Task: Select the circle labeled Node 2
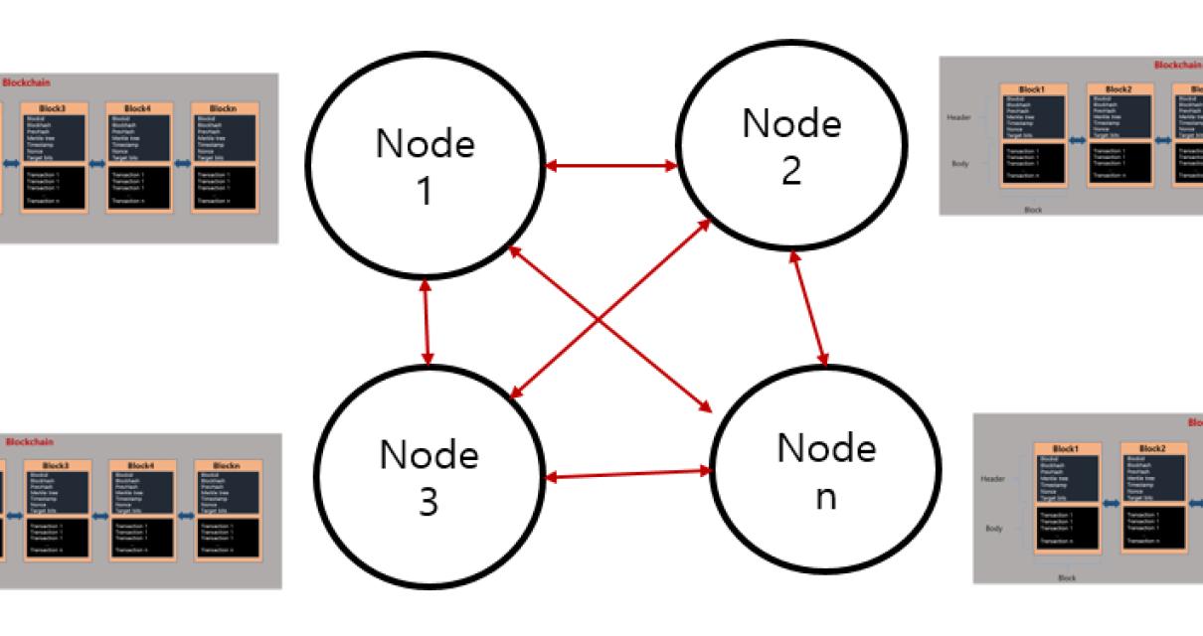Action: tap(791, 145)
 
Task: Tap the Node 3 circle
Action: tap(428, 478)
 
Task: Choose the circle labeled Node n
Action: tap(825, 471)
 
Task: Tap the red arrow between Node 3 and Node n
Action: tap(630, 474)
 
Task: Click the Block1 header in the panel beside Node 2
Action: tap(1034, 89)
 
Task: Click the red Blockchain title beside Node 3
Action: tap(30, 441)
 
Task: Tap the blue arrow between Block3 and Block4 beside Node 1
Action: tap(97, 163)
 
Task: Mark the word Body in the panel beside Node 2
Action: tap(960, 163)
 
